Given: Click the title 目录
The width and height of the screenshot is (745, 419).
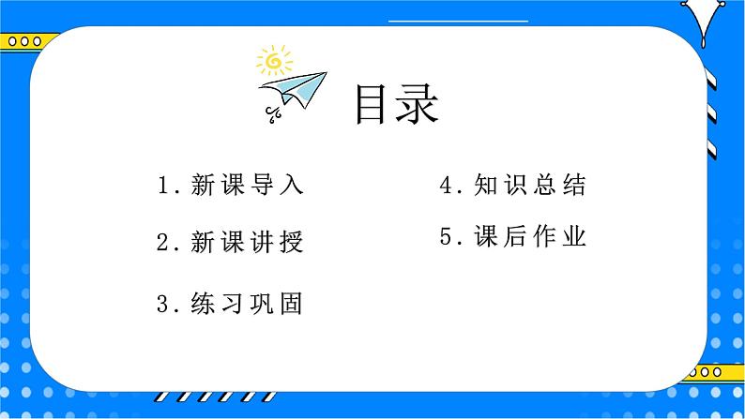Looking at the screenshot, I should click(x=396, y=106).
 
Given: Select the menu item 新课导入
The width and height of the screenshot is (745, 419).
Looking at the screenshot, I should click(x=247, y=185).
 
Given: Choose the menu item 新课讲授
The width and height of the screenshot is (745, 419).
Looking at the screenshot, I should click(x=247, y=244).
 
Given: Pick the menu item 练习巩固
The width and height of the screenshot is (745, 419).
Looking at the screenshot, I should click(x=247, y=304).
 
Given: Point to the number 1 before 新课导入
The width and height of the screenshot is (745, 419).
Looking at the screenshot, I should click(x=165, y=186).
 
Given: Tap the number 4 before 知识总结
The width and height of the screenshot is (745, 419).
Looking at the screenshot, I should click(x=447, y=186).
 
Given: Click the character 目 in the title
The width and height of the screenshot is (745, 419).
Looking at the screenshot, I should click(x=372, y=106).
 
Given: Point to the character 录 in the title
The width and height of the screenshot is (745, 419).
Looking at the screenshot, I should click(x=418, y=106).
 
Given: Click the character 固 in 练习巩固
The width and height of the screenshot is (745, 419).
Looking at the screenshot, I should click(x=292, y=304).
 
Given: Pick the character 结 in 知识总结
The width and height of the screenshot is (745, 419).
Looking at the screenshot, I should click(x=574, y=185).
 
